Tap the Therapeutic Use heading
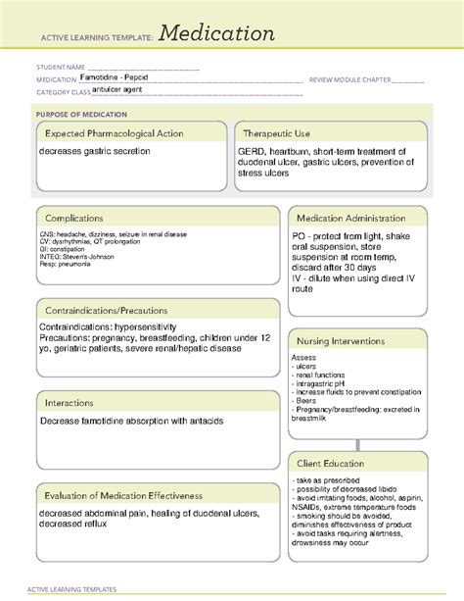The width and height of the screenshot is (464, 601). (277, 132)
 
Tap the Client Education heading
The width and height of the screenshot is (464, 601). (331, 463)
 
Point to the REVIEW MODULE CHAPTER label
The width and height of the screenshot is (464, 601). (348, 79)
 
